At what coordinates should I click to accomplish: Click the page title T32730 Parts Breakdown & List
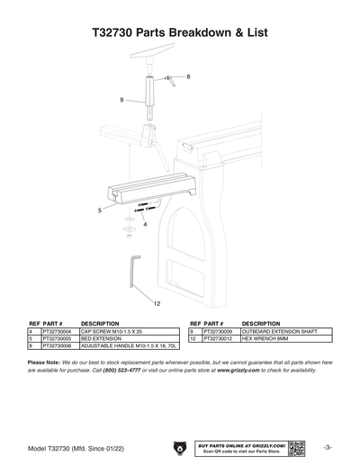click(180, 32)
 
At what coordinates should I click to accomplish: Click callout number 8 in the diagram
click(188, 77)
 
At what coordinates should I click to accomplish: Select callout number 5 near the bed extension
click(100, 210)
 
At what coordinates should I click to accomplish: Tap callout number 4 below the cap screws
click(145, 224)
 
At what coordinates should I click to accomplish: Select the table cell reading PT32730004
click(58, 331)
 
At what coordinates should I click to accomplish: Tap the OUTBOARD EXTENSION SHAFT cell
click(279, 331)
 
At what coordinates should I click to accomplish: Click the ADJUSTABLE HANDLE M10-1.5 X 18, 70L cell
click(130, 345)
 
